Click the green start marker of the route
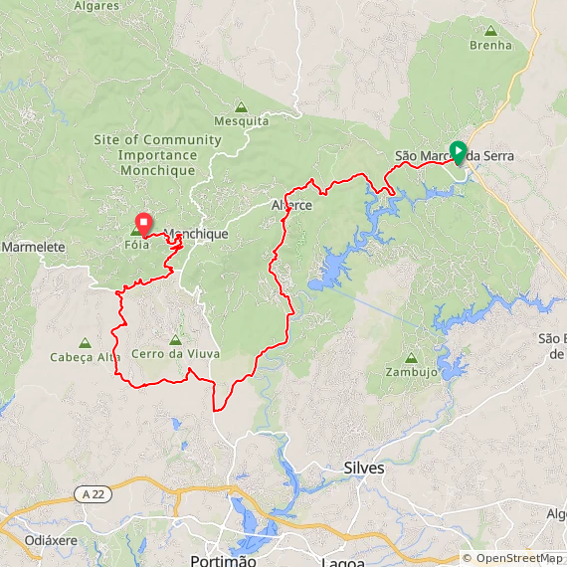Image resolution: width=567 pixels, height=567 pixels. (x=458, y=152)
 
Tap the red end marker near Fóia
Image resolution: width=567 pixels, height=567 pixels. (x=143, y=221)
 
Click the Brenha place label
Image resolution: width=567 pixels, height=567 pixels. (x=490, y=45)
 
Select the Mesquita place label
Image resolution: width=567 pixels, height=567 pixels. (x=241, y=121)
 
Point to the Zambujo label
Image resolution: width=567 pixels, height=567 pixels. (x=411, y=373)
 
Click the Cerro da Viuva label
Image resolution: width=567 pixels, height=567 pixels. (x=175, y=354)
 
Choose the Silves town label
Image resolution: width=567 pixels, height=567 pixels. (x=363, y=467)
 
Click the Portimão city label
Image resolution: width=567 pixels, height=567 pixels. (x=223, y=561)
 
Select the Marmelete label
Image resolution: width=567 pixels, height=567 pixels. (x=33, y=246)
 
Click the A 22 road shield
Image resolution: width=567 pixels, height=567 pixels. (x=93, y=493)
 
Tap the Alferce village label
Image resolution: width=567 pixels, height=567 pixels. (x=291, y=206)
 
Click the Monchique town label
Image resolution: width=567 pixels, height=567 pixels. (x=197, y=235)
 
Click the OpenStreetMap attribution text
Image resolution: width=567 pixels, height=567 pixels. (x=512, y=558)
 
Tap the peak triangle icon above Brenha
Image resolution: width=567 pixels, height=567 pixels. (x=490, y=30)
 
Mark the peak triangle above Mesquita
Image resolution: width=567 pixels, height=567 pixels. (x=241, y=106)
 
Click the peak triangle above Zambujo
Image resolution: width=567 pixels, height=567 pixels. (x=411, y=358)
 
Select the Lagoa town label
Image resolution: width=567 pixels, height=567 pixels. (x=343, y=562)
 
